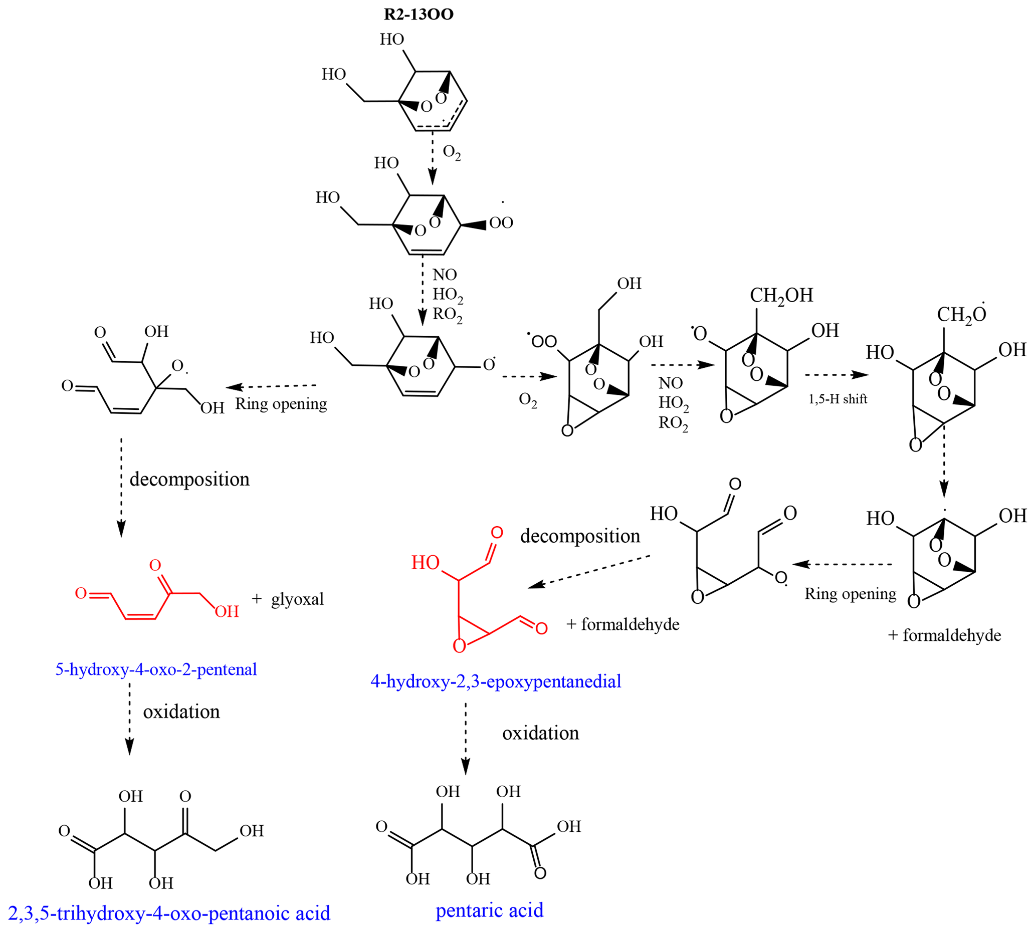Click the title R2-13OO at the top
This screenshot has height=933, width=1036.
pos(419,15)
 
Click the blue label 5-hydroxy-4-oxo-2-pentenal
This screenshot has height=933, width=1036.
pos(156,669)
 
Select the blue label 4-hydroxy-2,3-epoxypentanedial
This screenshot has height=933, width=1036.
pos(495,681)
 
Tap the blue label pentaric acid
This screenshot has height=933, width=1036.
pos(489,910)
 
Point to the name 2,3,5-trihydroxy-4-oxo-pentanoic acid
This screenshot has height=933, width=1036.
pos(169,913)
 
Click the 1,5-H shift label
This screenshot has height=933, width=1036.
pos(838,399)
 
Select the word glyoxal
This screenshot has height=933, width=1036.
pos(297,599)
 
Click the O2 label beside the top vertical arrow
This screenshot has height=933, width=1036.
pos(451,152)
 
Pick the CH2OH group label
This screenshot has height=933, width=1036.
pos(781,296)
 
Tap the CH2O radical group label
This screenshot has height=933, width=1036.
pos(961,314)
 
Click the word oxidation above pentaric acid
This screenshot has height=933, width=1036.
pos(541,733)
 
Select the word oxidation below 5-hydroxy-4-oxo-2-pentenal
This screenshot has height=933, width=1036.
pos(181,712)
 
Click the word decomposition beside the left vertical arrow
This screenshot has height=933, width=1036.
pos(189,479)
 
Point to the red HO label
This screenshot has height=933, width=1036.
pos(425,563)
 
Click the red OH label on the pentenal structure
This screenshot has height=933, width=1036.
pos(227,611)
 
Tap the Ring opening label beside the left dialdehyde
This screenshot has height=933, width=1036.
pos(281,404)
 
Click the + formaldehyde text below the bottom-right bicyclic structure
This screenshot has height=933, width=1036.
pos(944,635)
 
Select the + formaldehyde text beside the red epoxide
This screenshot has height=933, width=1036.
pos(623,624)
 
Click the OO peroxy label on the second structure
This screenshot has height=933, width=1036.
pos(501,222)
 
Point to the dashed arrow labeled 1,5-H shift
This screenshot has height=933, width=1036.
pos(836,375)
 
